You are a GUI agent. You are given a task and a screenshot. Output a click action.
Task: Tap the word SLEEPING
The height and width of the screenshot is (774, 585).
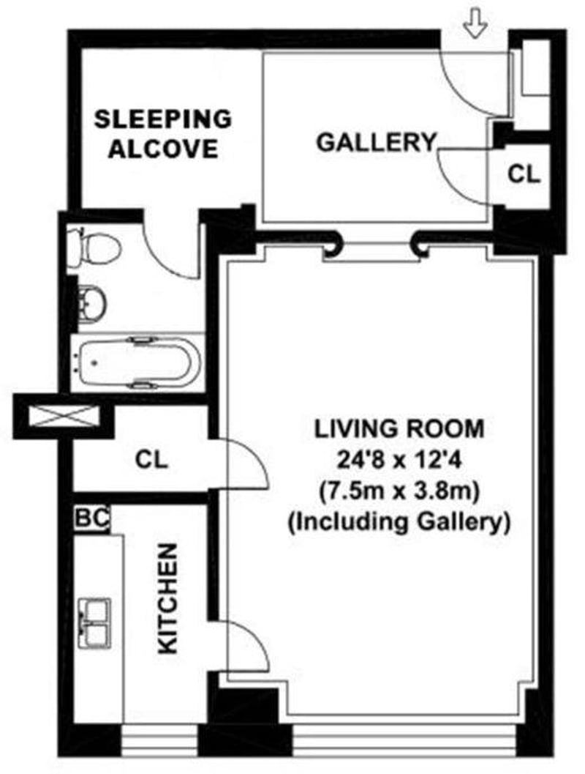[x=163, y=119]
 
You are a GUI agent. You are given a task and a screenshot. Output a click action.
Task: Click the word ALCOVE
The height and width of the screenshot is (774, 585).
[x=163, y=149]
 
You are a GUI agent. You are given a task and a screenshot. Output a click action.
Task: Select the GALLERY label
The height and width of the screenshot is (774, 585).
[x=377, y=142]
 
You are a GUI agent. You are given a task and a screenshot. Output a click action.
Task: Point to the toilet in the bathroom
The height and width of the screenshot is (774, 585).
[x=94, y=245]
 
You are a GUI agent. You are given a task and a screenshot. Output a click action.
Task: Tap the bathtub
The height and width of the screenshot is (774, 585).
[x=140, y=362]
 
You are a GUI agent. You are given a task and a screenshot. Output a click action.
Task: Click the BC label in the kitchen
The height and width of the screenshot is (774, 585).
[x=92, y=518]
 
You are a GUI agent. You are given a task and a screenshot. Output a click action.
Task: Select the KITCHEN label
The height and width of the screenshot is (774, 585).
[x=167, y=599]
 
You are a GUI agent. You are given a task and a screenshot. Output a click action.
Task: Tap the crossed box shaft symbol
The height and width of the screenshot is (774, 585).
[x=64, y=415]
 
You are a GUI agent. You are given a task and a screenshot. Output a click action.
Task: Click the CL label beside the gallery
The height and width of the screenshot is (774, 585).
[x=524, y=174]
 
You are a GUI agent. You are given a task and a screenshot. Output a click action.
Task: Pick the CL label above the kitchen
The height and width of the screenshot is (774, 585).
[x=152, y=460]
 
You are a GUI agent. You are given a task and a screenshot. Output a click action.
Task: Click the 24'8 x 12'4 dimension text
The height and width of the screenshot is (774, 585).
[x=399, y=461]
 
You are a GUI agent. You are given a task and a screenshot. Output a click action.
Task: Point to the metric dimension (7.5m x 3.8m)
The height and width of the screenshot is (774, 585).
[x=399, y=491]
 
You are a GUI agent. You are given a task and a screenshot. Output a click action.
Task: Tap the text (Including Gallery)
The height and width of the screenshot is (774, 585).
[x=399, y=522]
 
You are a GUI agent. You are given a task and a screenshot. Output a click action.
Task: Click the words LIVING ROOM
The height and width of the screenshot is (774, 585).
[x=399, y=428]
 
